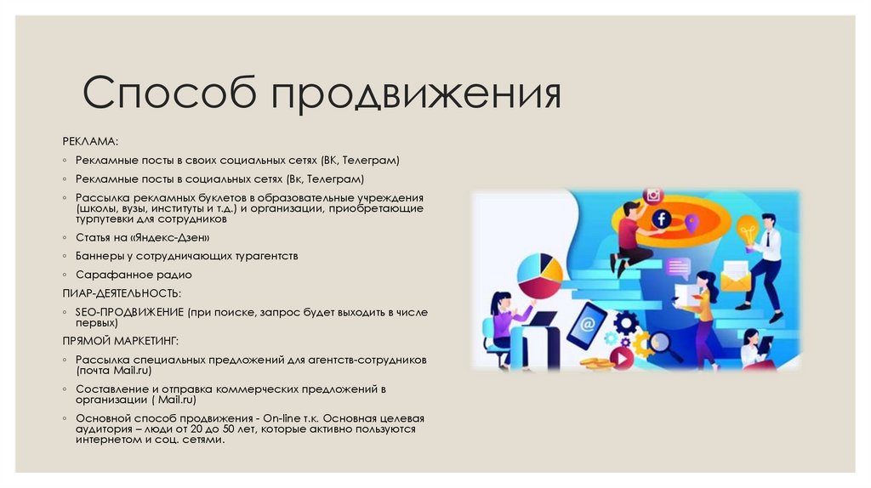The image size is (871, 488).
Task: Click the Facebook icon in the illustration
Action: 660,219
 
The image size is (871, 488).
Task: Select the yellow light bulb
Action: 747,228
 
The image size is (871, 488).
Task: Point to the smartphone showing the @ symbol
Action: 587,326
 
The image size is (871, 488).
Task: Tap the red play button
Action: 622,359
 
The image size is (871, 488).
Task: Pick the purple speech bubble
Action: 678,268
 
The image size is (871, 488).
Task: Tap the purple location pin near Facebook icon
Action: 691,224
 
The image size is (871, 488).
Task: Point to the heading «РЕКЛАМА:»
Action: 90,139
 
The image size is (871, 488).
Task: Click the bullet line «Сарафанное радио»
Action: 134,275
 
